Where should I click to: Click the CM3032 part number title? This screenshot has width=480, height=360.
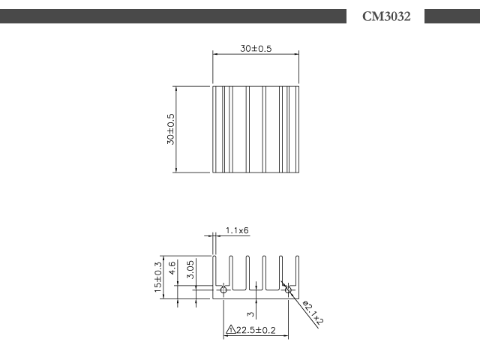386,16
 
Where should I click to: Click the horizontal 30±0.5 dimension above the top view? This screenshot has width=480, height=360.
256,49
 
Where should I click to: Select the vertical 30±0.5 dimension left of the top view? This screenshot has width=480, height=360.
170,129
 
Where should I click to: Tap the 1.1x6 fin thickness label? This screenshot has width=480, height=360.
237,230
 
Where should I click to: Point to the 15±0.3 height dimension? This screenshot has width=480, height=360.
158,277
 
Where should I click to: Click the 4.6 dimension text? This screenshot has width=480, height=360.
172,268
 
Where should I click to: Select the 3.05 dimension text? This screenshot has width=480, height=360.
190,270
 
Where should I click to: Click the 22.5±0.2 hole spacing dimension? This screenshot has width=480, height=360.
256,330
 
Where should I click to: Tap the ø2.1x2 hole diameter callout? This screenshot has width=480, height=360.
313,313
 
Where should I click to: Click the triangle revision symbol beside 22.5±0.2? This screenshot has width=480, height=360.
230,330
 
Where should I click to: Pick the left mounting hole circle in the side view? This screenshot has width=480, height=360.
223,289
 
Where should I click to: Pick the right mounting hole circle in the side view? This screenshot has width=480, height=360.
288,289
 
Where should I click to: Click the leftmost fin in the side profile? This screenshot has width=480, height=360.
214,271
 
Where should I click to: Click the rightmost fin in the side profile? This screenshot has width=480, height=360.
297,271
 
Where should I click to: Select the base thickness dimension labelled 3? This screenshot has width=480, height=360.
251,314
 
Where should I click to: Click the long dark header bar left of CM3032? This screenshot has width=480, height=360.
173,16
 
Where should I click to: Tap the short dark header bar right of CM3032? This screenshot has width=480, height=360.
452,16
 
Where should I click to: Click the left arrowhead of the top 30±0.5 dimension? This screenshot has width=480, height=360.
215,54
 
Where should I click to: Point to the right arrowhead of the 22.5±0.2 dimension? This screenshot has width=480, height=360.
286,336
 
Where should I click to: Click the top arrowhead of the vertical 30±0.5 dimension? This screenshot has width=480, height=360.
176,88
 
